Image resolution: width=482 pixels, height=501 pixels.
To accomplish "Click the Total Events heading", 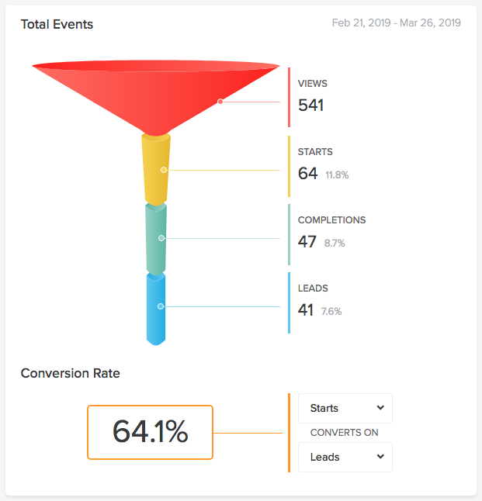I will (x=57, y=24).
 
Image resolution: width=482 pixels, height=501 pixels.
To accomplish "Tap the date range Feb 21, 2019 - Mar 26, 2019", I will (x=396, y=23).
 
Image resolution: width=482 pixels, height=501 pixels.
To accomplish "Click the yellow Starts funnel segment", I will (x=155, y=170).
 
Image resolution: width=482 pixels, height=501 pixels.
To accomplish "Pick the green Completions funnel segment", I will (x=156, y=238).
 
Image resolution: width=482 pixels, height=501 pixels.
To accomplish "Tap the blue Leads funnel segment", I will (x=156, y=306).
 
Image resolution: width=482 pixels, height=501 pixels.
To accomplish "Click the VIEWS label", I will (x=313, y=84).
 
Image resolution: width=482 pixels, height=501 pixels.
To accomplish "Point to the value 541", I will (x=310, y=105).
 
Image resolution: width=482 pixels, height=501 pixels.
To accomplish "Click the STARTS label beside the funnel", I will (x=315, y=152).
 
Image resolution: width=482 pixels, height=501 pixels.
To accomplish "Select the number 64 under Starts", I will (x=307, y=174).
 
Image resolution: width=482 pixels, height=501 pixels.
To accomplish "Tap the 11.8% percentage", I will (x=337, y=175).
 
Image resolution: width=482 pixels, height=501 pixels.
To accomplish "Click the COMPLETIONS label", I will (x=331, y=220).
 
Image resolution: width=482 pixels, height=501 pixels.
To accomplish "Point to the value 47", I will (x=307, y=242).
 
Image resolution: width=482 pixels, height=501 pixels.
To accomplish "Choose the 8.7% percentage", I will (x=335, y=244).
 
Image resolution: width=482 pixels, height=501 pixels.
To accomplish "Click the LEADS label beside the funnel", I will (x=313, y=289).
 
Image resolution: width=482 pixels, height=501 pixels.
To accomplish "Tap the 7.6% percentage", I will (x=331, y=312).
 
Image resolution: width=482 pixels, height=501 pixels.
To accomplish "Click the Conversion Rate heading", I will (x=71, y=373).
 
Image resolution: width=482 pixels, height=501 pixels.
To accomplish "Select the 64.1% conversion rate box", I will (x=150, y=432).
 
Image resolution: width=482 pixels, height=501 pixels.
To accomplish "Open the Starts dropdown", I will (x=345, y=408).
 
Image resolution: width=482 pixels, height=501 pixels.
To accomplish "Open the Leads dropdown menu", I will (x=345, y=457).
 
